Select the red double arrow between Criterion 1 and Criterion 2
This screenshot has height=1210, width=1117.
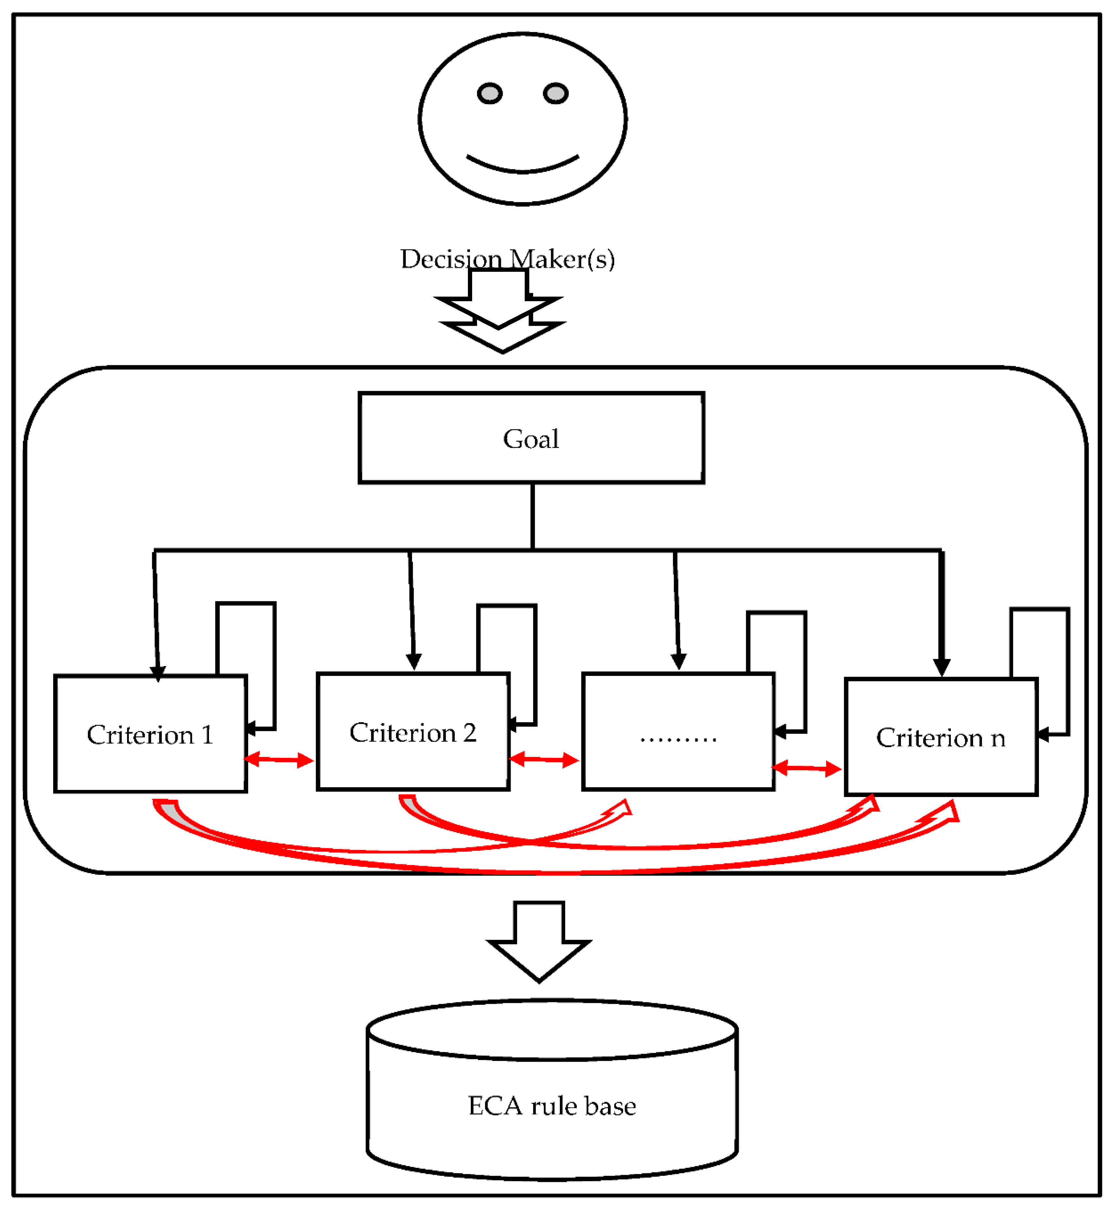click(279, 760)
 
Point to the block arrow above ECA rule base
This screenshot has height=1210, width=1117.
click(539, 944)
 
